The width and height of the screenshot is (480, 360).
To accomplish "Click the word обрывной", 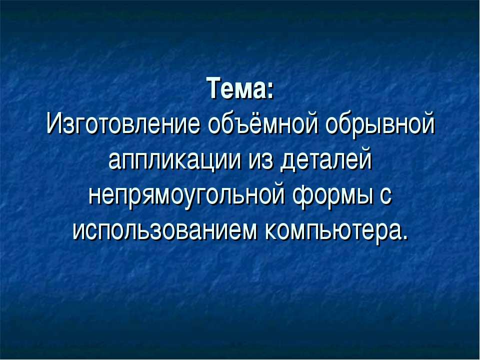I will point(380,124).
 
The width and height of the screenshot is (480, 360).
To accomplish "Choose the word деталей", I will point(325,160).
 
